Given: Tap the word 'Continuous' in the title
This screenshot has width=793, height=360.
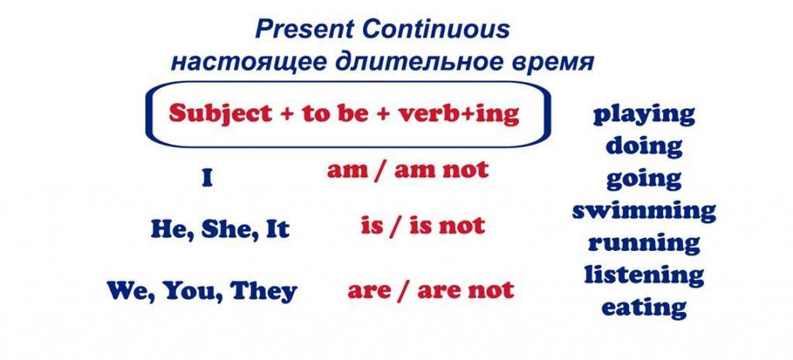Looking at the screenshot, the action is pos(436,29).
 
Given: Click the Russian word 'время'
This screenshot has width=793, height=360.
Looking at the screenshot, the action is pos(552,63).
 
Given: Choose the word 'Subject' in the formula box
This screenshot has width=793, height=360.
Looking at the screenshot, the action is pos(221,114).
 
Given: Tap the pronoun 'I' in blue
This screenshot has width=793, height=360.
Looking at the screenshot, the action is pos(206,179).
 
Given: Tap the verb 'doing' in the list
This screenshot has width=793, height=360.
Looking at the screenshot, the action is pos(644,146).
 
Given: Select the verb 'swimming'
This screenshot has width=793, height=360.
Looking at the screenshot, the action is pos(644,211).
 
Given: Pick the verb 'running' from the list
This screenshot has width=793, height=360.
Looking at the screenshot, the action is pos(644,244).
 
